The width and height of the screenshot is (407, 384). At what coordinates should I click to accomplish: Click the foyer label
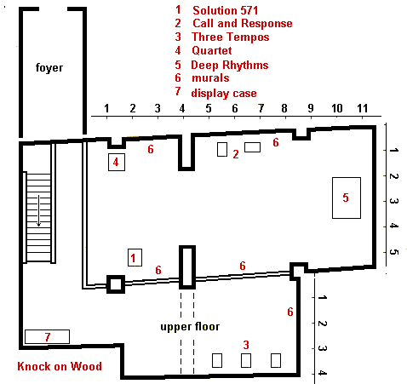pyautogui.click(x=49, y=68)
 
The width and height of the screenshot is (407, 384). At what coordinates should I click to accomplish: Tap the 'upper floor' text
pyautogui.click(x=190, y=327)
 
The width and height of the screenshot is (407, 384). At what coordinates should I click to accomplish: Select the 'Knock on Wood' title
pyautogui.click(x=60, y=366)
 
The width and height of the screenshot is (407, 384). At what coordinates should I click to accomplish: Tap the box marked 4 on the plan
pyautogui.click(x=117, y=162)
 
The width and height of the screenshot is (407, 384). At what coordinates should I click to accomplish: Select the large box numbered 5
pyautogui.click(x=347, y=198)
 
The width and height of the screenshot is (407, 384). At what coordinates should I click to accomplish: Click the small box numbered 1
pyautogui.click(x=135, y=257)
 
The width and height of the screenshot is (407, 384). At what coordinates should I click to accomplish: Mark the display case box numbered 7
pyautogui.click(x=47, y=336)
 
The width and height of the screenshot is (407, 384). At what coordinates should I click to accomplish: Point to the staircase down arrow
pyautogui.click(x=38, y=210)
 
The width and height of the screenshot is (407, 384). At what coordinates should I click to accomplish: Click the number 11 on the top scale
pyautogui.click(x=363, y=108)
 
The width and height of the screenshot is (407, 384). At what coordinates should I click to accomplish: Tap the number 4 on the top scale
pyautogui.click(x=182, y=108)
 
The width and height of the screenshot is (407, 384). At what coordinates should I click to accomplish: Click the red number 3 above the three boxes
pyautogui.click(x=246, y=345)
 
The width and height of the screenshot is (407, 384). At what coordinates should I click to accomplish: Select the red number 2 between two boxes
pyautogui.click(x=236, y=154)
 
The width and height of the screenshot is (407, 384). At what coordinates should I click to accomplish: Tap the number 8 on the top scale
pyautogui.click(x=284, y=108)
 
